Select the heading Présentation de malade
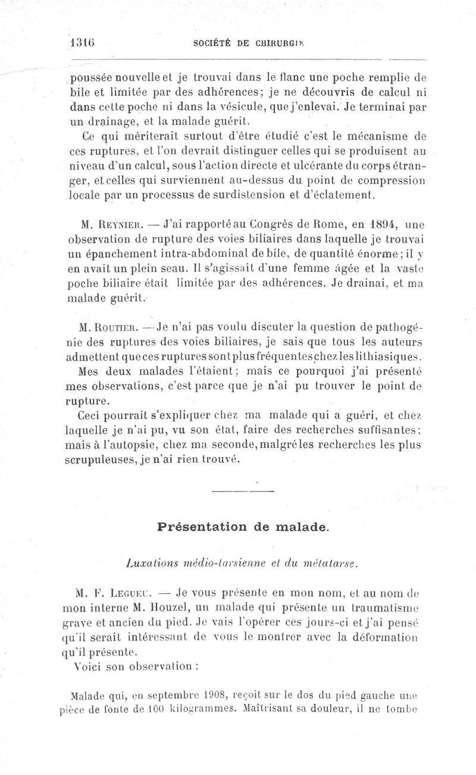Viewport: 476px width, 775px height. tap(242, 527)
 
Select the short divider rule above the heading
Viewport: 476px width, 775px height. tap(242, 491)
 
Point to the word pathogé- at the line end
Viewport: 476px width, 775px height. tap(394, 327)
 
